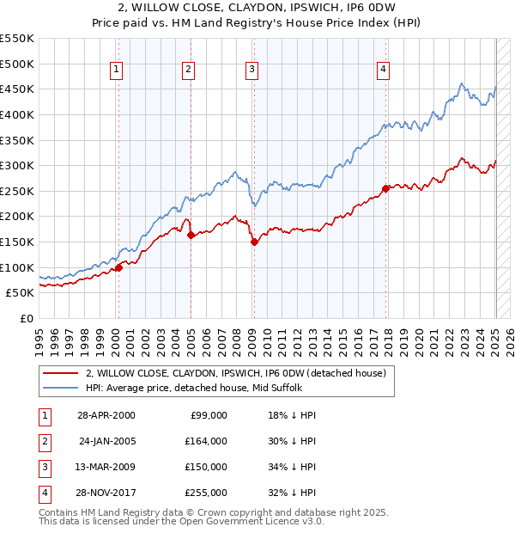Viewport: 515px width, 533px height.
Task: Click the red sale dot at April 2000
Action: coord(118,267)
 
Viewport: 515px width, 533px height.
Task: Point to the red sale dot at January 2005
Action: coord(191,235)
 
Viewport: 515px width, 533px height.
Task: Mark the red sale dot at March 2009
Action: coord(254,242)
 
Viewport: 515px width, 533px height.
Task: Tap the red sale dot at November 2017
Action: coord(386,188)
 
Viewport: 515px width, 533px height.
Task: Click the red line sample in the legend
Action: coord(61,374)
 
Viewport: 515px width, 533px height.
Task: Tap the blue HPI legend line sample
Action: coord(61,387)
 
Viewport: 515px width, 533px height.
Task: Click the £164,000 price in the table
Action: coord(207,441)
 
